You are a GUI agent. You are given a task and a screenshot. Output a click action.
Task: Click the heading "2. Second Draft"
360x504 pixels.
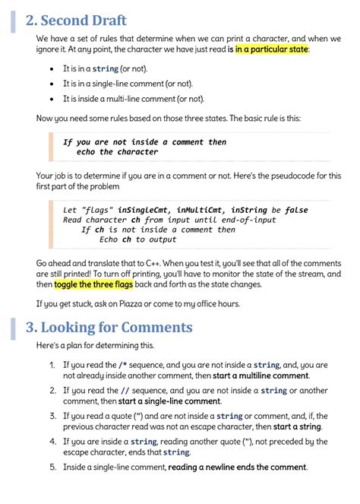click(x=76, y=21)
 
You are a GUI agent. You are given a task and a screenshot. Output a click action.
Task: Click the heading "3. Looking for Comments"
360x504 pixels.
click(x=109, y=328)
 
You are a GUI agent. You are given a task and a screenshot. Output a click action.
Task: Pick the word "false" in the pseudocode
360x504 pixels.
click(x=295, y=209)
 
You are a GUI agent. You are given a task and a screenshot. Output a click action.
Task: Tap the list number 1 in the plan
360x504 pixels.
click(x=52, y=365)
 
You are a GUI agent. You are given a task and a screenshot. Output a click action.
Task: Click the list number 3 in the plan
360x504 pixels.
click(x=52, y=416)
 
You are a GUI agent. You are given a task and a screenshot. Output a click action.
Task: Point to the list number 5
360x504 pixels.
click(x=52, y=467)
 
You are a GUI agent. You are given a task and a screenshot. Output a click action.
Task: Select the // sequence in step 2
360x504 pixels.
click(x=123, y=391)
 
